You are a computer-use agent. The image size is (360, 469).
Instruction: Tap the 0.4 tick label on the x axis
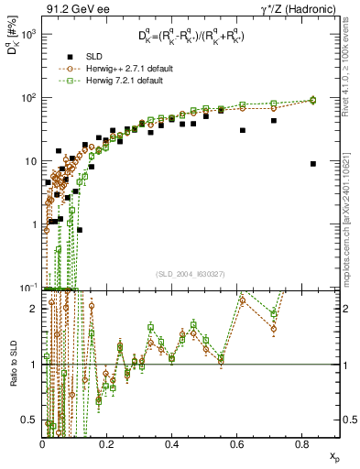172,444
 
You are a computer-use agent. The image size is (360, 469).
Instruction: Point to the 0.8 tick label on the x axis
301,444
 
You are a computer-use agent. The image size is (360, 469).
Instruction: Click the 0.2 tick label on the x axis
107,444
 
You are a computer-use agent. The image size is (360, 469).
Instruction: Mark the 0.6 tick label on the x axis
236,444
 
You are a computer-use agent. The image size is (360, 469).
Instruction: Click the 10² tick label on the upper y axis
28,97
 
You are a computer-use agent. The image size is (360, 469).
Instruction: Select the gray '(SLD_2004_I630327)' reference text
191,276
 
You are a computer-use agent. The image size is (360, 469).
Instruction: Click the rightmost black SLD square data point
313,164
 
